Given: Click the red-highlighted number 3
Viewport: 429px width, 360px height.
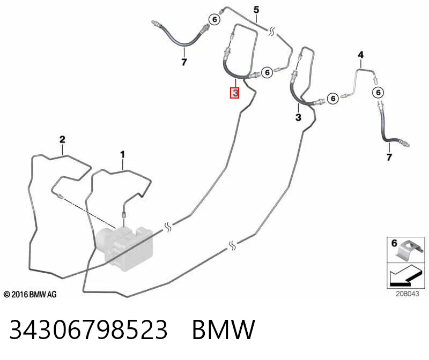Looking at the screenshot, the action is pyautogui.click(x=234, y=93).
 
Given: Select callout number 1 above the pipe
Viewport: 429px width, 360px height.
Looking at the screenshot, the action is pyautogui.click(x=122, y=155).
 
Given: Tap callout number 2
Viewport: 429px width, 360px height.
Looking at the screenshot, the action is pyautogui.click(x=62, y=139).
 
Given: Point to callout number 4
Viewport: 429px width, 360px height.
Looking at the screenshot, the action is pyautogui.click(x=361, y=55).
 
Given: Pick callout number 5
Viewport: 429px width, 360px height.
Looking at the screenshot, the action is pyautogui.click(x=256, y=10).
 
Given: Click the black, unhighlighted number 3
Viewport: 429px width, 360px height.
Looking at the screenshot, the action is pyautogui.click(x=298, y=117).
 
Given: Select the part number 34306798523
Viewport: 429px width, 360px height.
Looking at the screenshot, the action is pyautogui.click(x=88, y=329).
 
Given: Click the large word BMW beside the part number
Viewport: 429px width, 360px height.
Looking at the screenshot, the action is pyautogui.click(x=224, y=329).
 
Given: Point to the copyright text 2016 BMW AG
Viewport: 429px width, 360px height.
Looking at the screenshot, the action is pyautogui.click(x=30, y=295).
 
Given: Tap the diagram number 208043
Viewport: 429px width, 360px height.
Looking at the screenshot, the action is pyautogui.click(x=408, y=294).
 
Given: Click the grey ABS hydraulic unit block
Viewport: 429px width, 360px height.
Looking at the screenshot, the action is pyautogui.click(x=124, y=248).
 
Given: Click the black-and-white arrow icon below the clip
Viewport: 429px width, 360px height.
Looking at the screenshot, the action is pyautogui.click(x=403, y=276).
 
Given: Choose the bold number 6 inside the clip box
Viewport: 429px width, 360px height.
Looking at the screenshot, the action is pyautogui.click(x=394, y=243).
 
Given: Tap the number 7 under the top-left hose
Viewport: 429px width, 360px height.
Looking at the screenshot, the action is pyautogui.click(x=184, y=62).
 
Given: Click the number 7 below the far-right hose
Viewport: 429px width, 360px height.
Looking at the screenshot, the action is pyautogui.click(x=389, y=157).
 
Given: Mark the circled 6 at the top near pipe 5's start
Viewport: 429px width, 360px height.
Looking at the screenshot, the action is pyautogui.click(x=214, y=19).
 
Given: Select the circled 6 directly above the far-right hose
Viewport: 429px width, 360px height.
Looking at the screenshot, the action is pyautogui.click(x=378, y=92).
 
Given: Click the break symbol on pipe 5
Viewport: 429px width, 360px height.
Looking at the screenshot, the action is pyautogui.click(x=271, y=32).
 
